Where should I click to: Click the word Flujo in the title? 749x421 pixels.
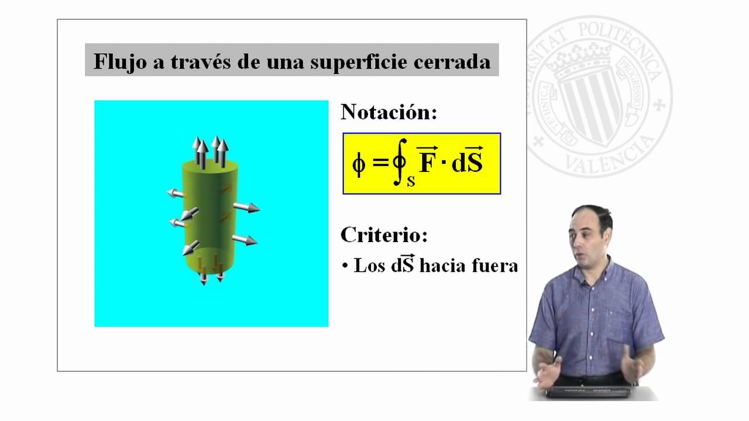point(120,62)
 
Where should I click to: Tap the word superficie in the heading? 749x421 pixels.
point(359,63)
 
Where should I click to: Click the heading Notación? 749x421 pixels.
point(389,112)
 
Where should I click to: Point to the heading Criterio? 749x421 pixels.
point(384,235)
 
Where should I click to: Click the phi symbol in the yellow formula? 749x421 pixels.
point(359,164)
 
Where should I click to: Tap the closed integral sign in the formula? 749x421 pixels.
point(400,162)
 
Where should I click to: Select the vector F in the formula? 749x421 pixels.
point(427,160)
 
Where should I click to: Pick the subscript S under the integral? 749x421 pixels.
point(411,181)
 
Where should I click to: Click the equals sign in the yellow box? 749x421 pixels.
point(380,163)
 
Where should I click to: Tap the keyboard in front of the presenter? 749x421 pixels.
point(589,392)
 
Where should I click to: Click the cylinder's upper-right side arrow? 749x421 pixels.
point(246,208)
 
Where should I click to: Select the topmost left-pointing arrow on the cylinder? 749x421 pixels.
point(175,193)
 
